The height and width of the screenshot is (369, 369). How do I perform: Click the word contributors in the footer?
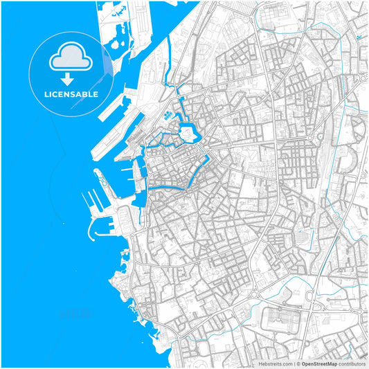pos(352,363)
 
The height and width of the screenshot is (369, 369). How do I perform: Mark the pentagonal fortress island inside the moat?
pos(188,131)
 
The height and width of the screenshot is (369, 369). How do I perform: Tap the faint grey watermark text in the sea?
pos(76,312)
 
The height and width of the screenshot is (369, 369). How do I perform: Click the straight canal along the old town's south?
pos(170,186)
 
